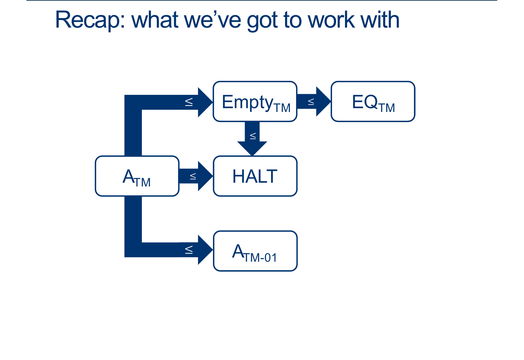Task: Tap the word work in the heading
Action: point(331,20)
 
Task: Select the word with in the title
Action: point(380,20)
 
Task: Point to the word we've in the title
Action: point(213,21)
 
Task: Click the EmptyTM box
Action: point(255,101)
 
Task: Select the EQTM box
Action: point(373,101)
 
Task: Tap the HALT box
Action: point(255,176)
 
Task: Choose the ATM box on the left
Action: point(137,176)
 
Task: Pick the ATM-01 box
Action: point(255,251)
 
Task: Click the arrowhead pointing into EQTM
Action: point(323,101)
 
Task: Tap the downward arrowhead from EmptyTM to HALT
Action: point(252,148)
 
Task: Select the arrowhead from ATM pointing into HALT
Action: point(205,176)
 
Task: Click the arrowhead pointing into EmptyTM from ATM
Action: point(205,102)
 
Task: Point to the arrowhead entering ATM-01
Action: point(205,250)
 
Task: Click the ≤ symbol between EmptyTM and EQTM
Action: point(311,102)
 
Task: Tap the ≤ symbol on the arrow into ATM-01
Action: point(189,250)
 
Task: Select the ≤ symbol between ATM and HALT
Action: point(193,176)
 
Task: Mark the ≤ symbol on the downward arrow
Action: point(253,136)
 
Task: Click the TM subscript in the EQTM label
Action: point(387,108)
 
